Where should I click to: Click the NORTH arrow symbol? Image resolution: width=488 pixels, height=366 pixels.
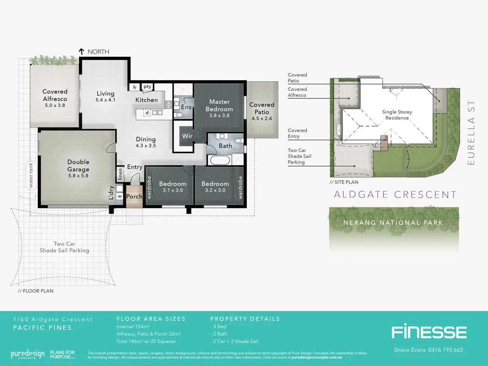coord(81,52)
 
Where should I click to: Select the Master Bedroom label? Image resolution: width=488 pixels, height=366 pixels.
coord(219,105)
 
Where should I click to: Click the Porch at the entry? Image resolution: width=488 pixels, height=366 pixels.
coord(134,196)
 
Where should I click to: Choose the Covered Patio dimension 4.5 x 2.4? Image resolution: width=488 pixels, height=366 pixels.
coord(261,118)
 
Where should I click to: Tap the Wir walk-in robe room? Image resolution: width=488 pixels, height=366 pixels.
coord(187,136)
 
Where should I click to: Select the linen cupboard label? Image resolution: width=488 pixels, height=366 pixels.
coord(120,174)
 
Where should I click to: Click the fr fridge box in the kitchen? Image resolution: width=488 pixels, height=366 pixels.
coord(134,87)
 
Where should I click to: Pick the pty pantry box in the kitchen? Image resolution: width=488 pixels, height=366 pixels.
coord(147,87)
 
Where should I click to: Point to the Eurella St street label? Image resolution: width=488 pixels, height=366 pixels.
coord(471,133)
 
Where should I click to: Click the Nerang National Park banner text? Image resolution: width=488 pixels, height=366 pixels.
coord(393,223)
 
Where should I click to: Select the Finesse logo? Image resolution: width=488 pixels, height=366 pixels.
coord(429,332)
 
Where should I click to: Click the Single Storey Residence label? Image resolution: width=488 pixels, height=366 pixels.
coord(397,115)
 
